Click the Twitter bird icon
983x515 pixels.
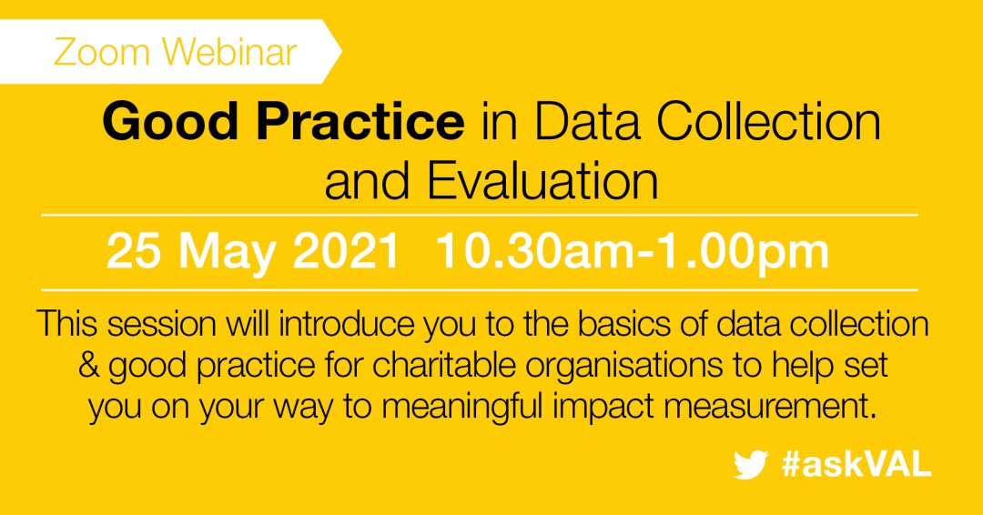[x=751, y=466]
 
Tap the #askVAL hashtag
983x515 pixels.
[x=856, y=465]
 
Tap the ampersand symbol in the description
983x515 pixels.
[x=89, y=367]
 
